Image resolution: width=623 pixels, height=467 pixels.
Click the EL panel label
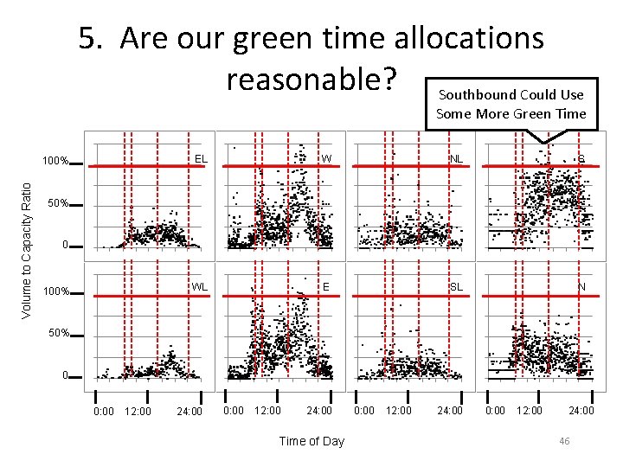coord(201,159)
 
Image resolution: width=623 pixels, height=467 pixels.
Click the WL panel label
coord(200,286)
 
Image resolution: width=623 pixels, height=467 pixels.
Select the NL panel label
coord(456,159)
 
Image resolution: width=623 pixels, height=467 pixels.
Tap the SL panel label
coord(456,286)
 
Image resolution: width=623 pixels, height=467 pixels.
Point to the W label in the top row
coord(327,159)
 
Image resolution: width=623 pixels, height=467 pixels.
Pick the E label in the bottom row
coord(327,286)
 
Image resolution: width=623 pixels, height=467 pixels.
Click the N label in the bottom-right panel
coord(581,286)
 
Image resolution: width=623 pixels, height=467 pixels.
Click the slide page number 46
coord(564,441)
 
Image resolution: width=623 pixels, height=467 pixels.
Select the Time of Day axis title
coord(311,441)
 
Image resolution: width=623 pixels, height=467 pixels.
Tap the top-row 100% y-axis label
coord(56,162)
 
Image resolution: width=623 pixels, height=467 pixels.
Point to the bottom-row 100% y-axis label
coord(56,291)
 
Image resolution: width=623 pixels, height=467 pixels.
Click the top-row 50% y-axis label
coord(58,204)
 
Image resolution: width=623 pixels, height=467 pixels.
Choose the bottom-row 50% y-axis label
coord(58,333)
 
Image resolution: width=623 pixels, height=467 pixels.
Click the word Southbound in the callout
coord(473,95)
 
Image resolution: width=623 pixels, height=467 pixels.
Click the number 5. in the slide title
coord(93,39)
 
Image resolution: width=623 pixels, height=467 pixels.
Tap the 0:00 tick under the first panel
coord(103,411)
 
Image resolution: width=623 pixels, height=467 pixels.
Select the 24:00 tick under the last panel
coord(581,411)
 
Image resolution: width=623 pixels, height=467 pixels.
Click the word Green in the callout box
coord(531,113)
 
